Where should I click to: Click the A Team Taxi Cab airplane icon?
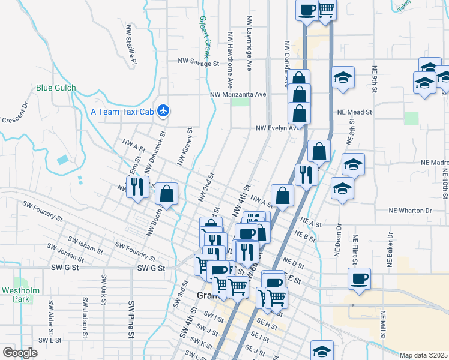click(163, 111)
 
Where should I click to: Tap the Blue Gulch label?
click(56, 88)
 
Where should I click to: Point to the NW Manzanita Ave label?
click(238, 94)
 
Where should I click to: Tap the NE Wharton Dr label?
click(410, 211)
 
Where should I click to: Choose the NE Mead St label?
click(355, 112)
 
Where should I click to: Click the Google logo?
click(20, 352)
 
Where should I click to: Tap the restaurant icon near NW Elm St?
click(137, 187)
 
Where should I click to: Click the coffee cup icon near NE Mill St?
click(359, 278)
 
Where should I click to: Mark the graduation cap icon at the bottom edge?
click(322, 351)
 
